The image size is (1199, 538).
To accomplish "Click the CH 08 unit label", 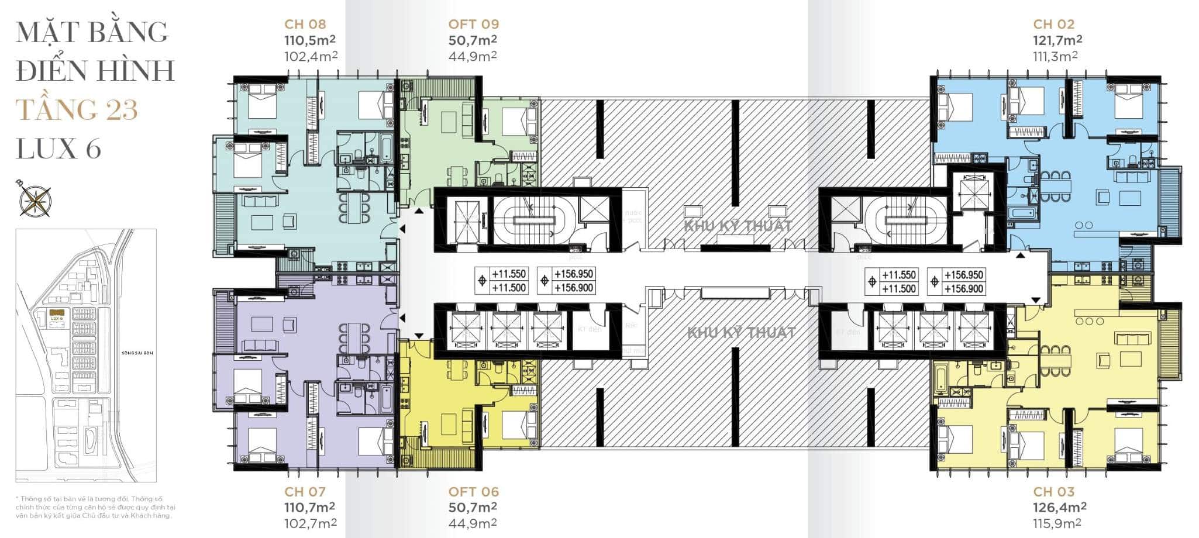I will click(x=305, y=24).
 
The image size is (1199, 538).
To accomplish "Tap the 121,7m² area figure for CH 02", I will click(x=1057, y=40).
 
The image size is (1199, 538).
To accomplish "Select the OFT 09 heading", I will click(x=473, y=24).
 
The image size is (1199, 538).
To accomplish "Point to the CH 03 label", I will click(x=1053, y=492).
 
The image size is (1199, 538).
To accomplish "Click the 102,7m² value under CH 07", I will click(x=311, y=523).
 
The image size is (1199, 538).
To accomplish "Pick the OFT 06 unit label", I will click(x=473, y=492).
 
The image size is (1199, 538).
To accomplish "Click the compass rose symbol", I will click(x=34, y=198).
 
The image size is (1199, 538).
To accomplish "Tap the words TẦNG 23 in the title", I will click(x=77, y=109).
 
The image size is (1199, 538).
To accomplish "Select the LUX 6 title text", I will click(x=58, y=149).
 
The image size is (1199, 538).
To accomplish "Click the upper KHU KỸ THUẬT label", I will click(x=738, y=226).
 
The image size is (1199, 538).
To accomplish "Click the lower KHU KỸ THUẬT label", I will click(x=740, y=333).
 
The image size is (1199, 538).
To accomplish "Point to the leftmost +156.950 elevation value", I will click(x=573, y=274).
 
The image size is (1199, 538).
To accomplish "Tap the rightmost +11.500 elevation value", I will click(x=899, y=288).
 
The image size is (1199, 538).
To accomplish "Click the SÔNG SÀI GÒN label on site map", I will click(x=137, y=353).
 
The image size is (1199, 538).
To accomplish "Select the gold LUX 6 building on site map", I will click(x=57, y=313).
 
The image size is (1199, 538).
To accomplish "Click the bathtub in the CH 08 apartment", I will click(x=386, y=149).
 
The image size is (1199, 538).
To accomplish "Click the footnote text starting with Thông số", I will click(x=95, y=507).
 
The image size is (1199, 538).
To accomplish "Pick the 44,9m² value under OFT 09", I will click(x=473, y=56).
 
